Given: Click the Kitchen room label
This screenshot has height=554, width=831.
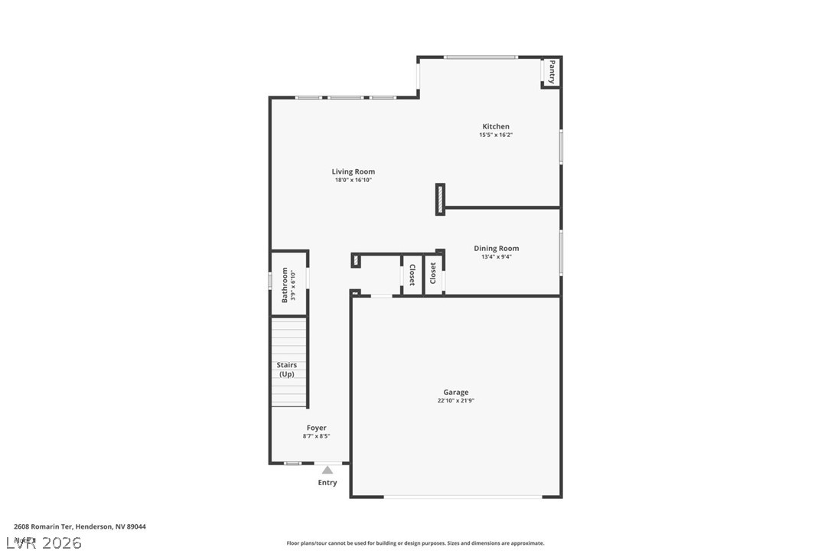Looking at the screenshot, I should click(x=495, y=126).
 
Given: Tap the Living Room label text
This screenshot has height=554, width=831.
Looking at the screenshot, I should click(x=353, y=171).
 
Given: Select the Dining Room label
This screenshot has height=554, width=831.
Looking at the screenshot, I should click(x=496, y=248).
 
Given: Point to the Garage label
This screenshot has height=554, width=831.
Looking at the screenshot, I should click(x=455, y=392).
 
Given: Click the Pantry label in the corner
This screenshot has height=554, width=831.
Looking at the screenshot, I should click(x=551, y=72).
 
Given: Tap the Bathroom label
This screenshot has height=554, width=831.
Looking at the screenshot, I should click(x=285, y=284).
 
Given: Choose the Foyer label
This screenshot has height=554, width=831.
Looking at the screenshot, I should click(x=316, y=428).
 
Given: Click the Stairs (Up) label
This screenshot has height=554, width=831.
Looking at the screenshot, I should click(x=287, y=370).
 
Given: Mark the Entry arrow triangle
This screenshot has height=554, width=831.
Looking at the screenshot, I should click(x=328, y=470).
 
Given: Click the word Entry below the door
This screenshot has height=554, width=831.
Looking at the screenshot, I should click(x=327, y=483).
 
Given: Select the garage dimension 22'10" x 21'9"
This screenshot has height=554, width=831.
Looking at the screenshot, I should click(x=455, y=401).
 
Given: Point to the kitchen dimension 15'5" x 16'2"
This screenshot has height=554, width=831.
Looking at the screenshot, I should click(x=495, y=135).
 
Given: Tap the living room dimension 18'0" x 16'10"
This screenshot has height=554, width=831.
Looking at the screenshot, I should click(x=353, y=181).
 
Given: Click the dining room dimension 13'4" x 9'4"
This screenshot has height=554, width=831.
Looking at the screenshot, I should click(x=496, y=257).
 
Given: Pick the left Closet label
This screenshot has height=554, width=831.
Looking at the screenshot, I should click(x=412, y=275).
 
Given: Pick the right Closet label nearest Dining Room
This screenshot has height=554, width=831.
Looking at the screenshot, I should click(x=433, y=273).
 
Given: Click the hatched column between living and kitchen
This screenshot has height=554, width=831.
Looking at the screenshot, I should click(x=440, y=199).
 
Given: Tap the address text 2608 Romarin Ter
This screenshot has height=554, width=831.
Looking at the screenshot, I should click(x=80, y=526).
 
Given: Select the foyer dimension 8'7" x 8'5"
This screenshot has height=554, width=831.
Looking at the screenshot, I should click(x=316, y=436).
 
